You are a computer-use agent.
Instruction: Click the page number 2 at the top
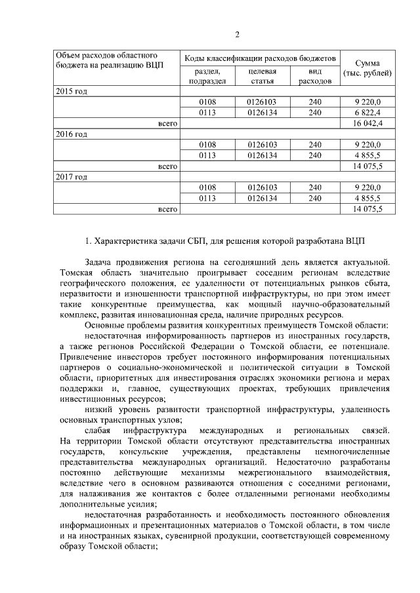(238, 34)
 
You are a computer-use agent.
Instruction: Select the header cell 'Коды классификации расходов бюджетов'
(261, 59)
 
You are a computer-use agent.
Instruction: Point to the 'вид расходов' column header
(314, 76)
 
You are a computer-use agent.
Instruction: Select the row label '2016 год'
(71, 134)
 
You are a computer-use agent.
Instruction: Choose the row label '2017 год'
(71, 177)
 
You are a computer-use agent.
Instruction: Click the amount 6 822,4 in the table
(367, 112)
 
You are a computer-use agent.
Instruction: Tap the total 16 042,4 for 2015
(367, 123)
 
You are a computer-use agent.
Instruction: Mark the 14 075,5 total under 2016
(367, 166)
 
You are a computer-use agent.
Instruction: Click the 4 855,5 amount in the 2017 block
(367, 199)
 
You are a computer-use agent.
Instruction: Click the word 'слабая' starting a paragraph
(98, 432)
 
